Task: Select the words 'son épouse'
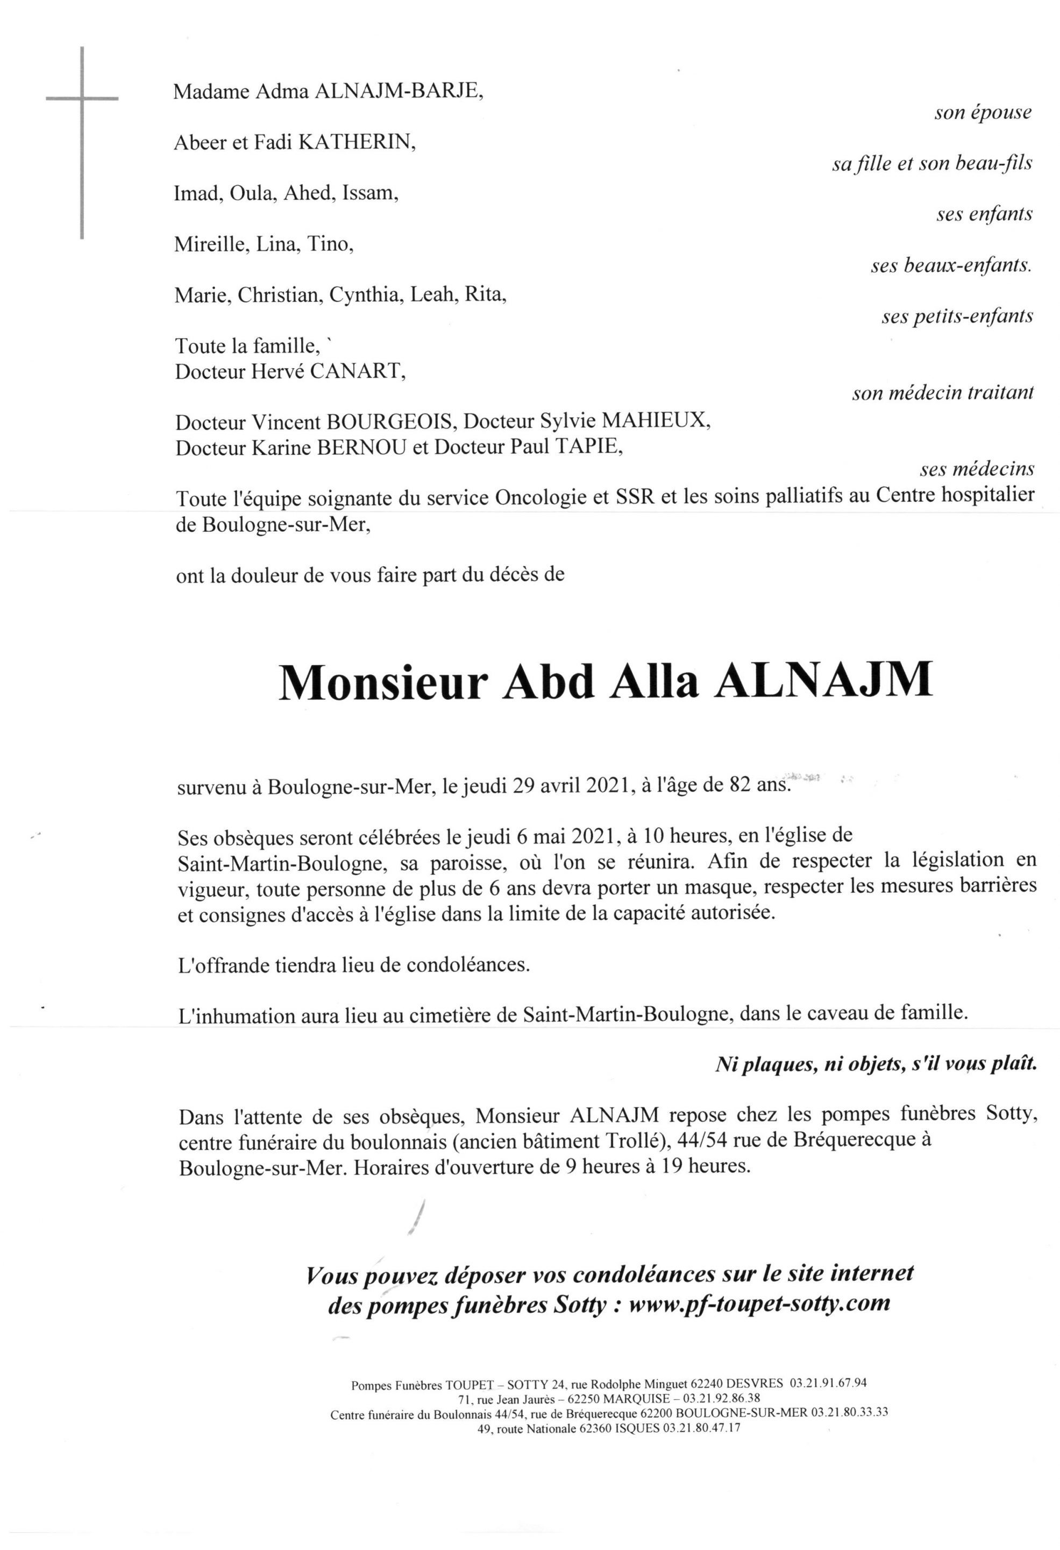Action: [982, 112]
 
